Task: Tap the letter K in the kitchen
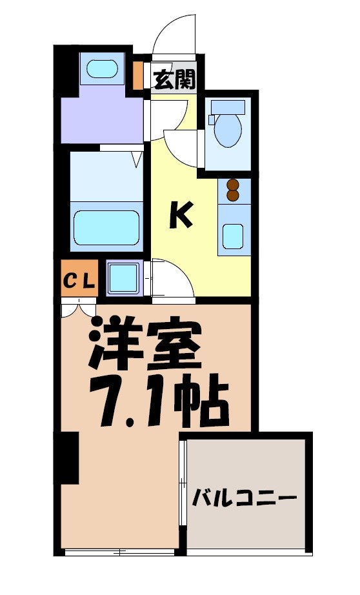point(181,216)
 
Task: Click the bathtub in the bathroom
point(107,227)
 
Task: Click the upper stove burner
point(232,185)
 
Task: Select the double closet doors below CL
point(79,308)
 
